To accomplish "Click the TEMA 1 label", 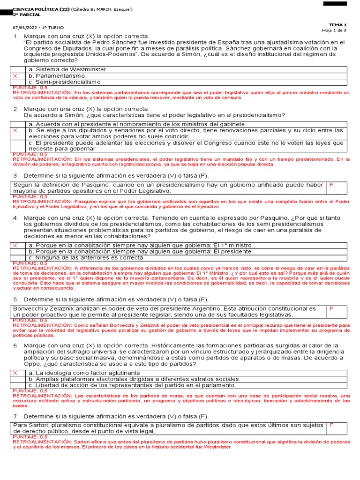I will [x=337, y=25].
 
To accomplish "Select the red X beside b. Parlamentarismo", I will [x=15, y=76].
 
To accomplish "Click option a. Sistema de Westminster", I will [x=67, y=69].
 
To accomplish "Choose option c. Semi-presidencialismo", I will [x=65, y=82].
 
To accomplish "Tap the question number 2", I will [x=15, y=109].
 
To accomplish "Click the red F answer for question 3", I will [x=331, y=185].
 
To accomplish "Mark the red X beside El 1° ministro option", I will [x=15, y=245].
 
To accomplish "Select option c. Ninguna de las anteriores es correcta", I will [x=86, y=257].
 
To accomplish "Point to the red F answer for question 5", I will [x=331, y=309].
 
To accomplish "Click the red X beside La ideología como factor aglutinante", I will [x=15, y=373].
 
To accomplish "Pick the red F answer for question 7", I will [x=331, y=425].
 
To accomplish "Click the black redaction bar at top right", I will [x=335, y=3].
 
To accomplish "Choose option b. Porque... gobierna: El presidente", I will [x=140, y=251].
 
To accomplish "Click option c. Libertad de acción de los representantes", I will [x=131, y=385].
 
